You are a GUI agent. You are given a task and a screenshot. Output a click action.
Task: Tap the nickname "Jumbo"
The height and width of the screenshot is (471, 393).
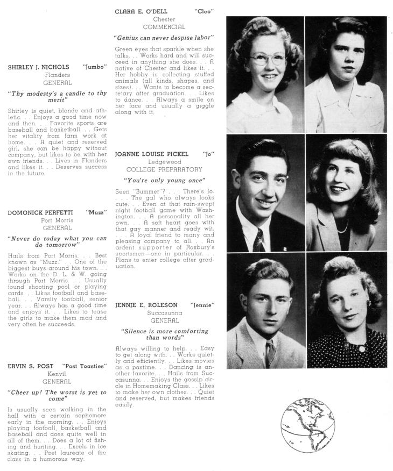95,68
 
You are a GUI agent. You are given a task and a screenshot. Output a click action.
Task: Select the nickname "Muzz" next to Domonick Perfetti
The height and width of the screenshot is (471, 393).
96,212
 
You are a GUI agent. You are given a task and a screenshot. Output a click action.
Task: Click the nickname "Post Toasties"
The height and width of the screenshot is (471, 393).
85,366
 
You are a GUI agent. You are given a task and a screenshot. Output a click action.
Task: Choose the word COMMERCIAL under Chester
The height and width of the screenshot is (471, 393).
164,27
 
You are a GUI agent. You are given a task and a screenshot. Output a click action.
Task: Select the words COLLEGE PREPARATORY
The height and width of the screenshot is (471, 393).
164,169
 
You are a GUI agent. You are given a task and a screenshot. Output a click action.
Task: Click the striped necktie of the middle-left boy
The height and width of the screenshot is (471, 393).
259,240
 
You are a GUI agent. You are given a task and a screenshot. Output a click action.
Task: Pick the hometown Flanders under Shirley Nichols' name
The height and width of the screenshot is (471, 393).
57,75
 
